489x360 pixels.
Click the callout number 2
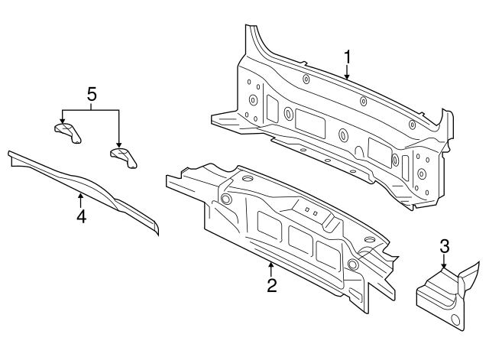[x=271, y=286]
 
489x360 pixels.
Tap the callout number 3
[x=444, y=246]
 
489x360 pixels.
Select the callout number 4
[x=80, y=216]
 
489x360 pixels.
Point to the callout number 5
[x=91, y=95]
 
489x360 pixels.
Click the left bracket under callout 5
[x=66, y=131]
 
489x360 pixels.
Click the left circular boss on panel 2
[x=226, y=199]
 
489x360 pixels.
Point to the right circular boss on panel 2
[x=352, y=264]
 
